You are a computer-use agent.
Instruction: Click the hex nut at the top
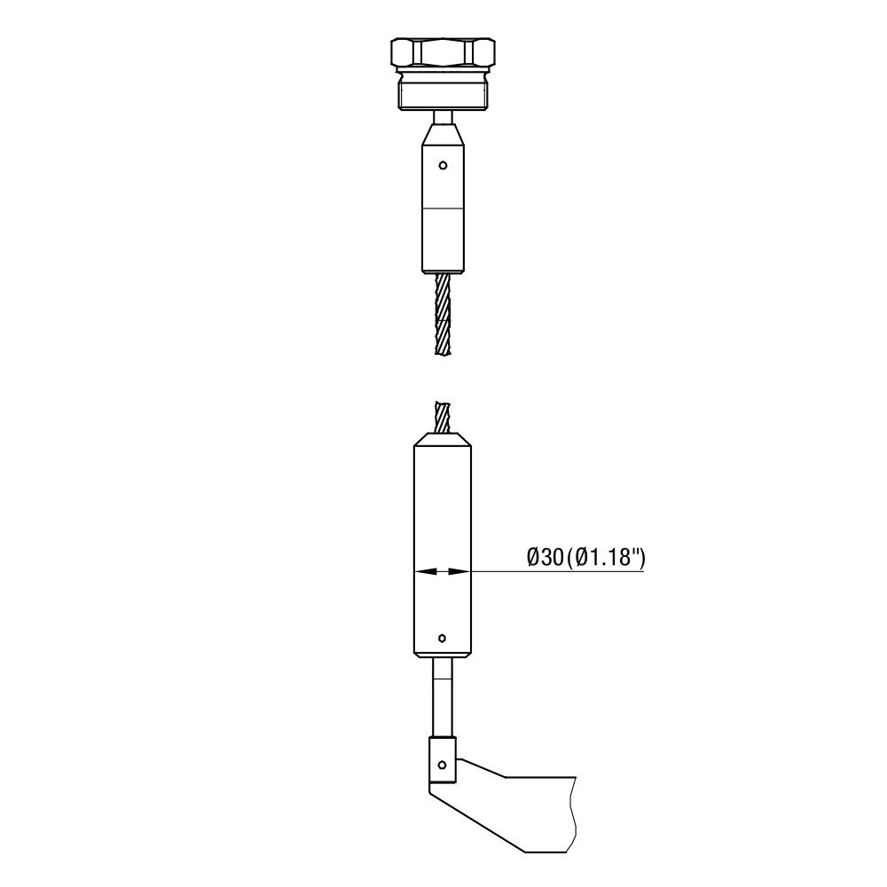[443, 53]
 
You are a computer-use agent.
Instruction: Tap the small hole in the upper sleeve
[443, 165]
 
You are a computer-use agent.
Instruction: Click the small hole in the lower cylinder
[443, 638]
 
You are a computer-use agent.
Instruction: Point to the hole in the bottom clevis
[443, 765]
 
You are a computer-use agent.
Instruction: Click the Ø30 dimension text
[546, 558]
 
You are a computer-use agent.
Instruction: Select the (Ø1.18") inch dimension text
[605, 558]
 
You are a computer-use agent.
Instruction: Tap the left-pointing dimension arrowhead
[426, 571]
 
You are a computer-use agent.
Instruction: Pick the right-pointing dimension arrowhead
[459, 571]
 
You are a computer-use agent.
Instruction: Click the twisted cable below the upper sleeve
[443, 314]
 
